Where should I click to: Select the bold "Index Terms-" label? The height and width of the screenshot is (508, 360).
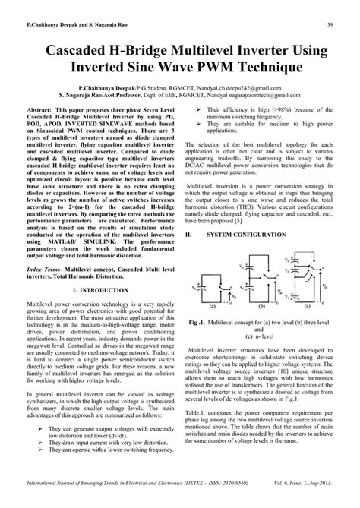pyautogui.click(x=46, y=289)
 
